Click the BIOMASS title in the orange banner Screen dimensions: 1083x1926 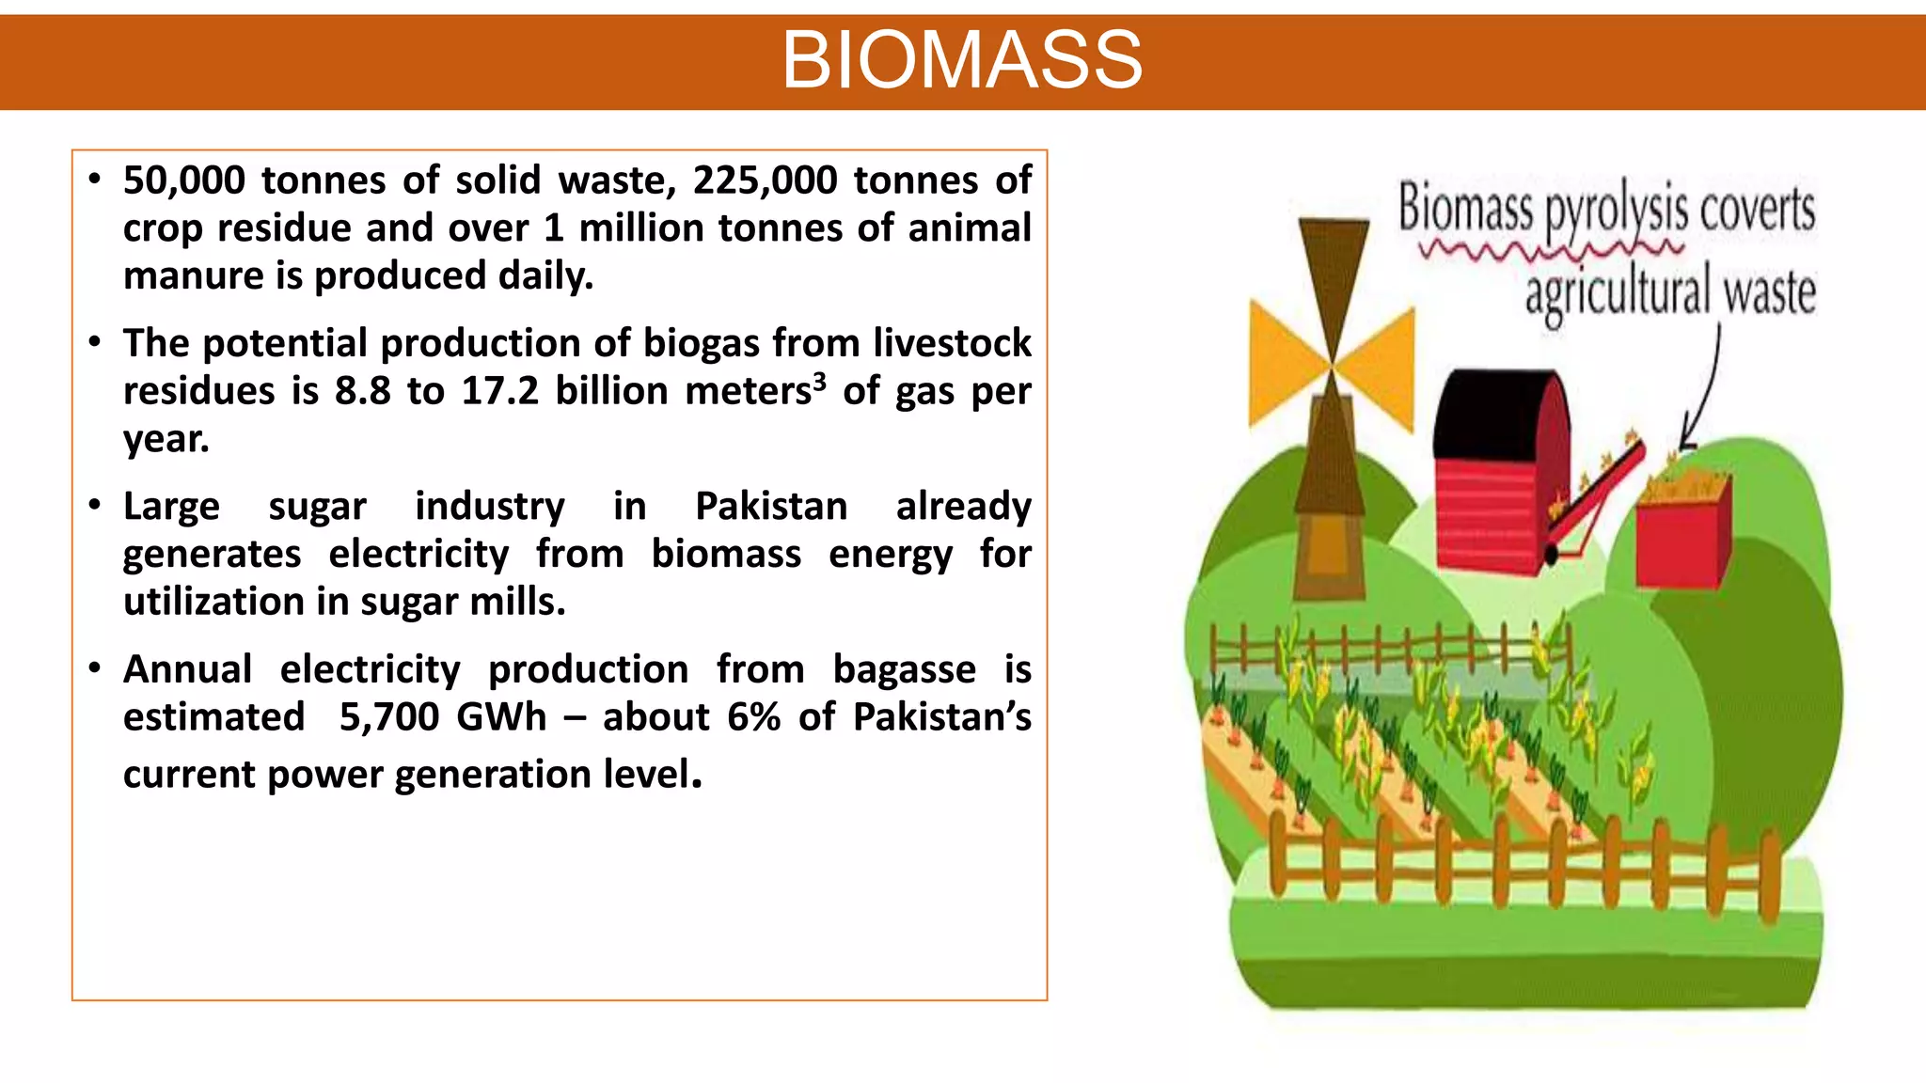[962, 60]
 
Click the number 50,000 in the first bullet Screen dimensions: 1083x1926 [184, 180]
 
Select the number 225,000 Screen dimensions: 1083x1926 [765, 180]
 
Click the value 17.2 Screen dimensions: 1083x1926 [499, 391]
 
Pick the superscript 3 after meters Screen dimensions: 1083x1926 [819, 381]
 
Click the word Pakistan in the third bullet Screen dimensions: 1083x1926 [771, 507]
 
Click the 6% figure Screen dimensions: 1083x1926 [754, 717]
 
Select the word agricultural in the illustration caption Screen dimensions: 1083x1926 [1616, 292]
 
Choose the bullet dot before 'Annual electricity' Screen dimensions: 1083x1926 [94, 668]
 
